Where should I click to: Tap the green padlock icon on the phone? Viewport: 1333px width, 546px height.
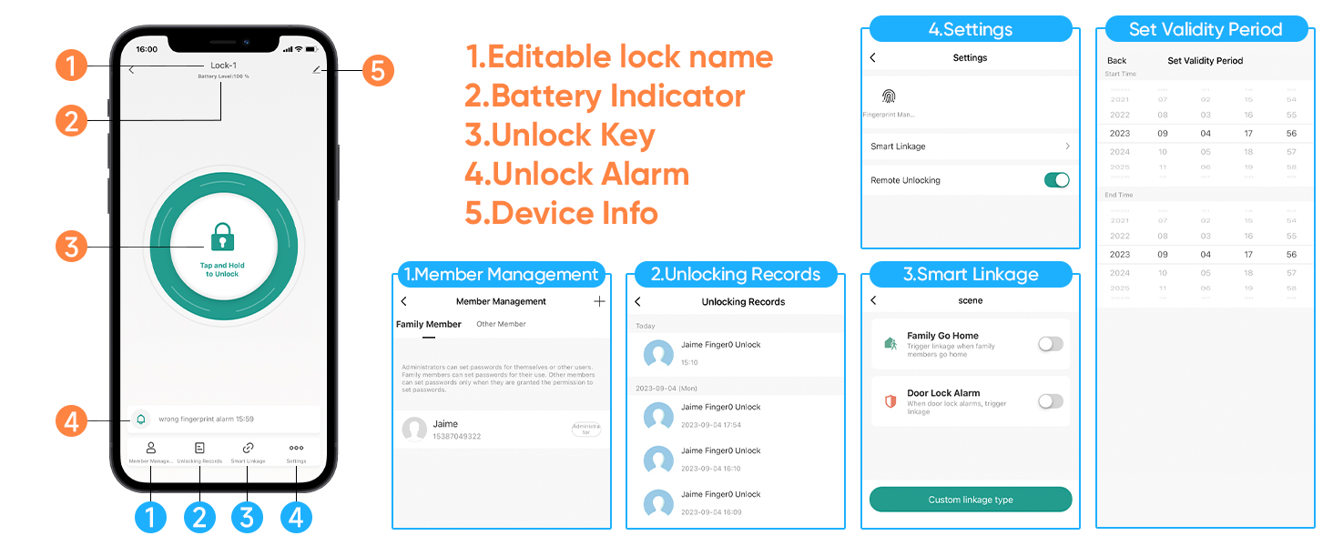(222, 238)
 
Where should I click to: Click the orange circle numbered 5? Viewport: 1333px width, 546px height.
(378, 71)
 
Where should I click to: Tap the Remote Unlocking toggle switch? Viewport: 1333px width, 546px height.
(1056, 180)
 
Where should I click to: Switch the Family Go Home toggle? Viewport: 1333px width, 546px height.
(1051, 344)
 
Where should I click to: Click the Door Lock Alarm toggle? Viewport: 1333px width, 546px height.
(1051, 401)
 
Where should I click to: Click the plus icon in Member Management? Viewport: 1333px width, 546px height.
(599, 301)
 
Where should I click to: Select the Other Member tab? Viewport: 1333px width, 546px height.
(501, 324)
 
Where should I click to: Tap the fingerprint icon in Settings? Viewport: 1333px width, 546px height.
(889, 96)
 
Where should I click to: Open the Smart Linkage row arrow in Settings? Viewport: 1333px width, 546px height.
(1067, 147)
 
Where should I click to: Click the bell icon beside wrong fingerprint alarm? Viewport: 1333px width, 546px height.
(140, 420)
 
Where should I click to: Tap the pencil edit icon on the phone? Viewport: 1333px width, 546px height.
(316, 69)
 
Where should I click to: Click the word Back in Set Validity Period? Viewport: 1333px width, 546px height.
(1116, 61)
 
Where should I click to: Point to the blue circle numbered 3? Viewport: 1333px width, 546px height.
(247, 517)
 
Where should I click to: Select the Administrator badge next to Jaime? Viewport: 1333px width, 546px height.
(586, 429)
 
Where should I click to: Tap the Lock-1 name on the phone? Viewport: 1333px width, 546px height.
(223, 66)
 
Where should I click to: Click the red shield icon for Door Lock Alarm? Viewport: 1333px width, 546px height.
(890, 401)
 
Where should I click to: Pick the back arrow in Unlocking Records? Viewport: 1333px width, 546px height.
(637, 301)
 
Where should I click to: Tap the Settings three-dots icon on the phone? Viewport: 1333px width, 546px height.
(296, 448)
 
